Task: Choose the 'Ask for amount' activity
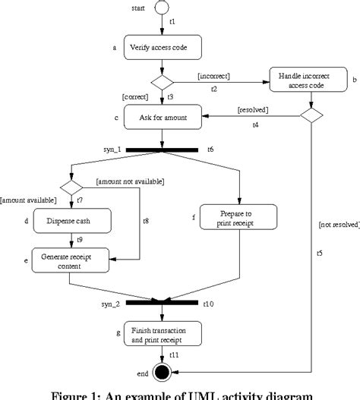click(162, 118)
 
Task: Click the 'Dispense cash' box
click(68, 221)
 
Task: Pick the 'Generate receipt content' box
click(68, 260)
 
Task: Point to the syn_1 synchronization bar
click(162, 150)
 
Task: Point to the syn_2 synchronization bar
click(162, 303)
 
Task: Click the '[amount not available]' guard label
click(131, 181)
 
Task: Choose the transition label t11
click(174, 354)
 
